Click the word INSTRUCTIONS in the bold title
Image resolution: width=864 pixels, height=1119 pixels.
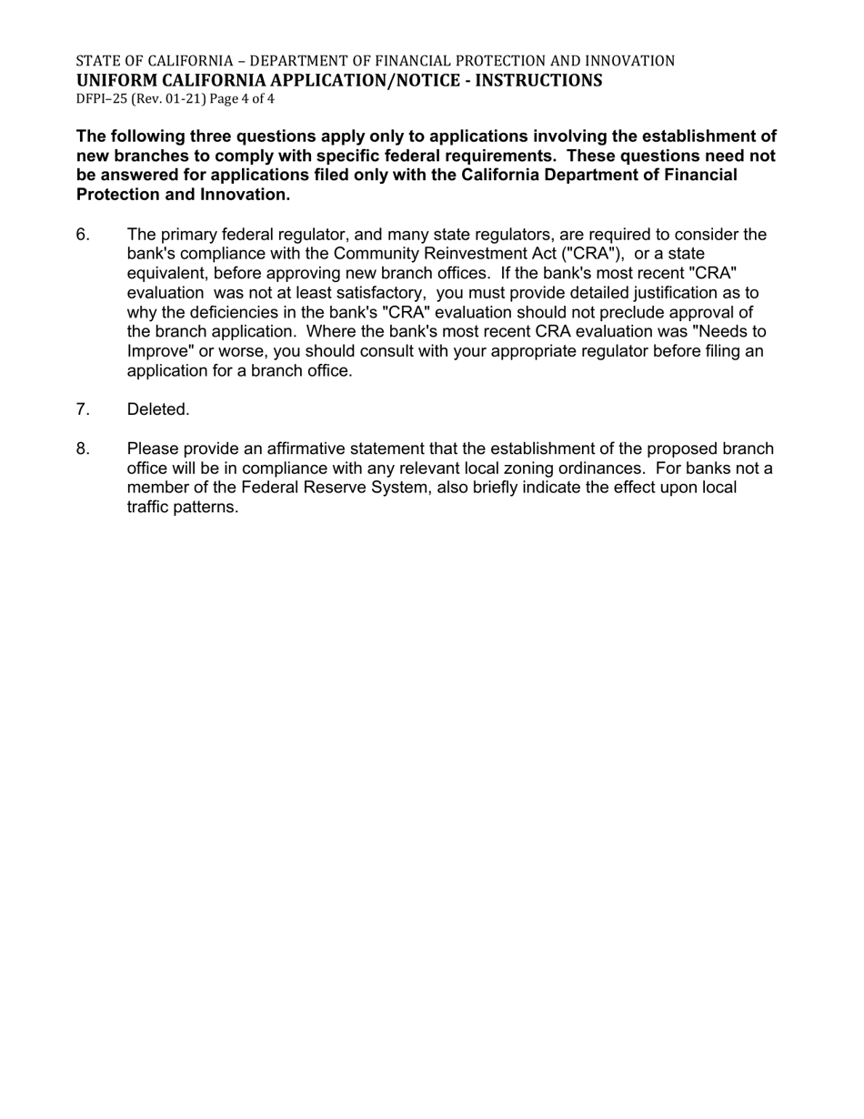545,80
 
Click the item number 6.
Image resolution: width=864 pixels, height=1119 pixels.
83,235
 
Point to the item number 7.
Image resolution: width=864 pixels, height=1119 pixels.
83,409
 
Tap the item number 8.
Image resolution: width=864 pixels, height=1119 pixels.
83,449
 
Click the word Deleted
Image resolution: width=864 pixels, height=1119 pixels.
158,409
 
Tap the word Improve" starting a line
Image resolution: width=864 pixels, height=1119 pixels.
160,351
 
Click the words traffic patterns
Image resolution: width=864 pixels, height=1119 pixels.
182,507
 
